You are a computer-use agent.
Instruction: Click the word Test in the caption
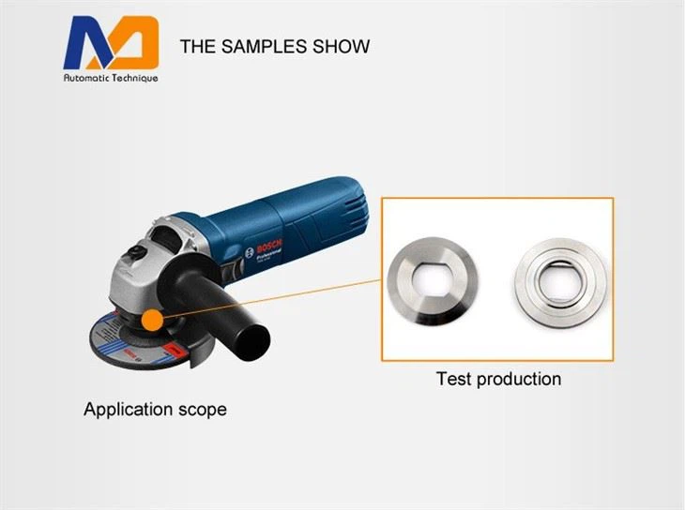click(x=454, y=379)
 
